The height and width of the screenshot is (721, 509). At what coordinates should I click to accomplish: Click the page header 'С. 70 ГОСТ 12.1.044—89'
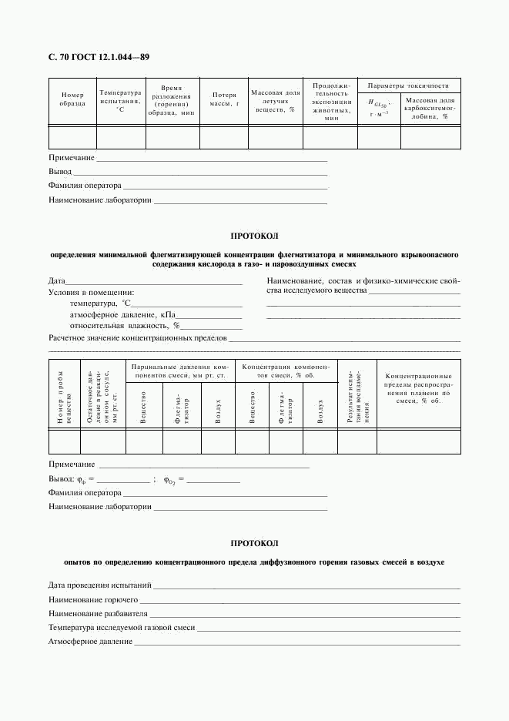[99, 57]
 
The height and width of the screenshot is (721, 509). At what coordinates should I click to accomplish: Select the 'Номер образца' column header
[72, 99]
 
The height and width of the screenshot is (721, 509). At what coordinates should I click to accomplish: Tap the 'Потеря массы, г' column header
[225, 99]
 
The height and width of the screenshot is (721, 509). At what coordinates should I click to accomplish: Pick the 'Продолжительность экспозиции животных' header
[331, 102]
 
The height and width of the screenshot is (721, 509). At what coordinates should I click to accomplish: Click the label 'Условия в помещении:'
[91, 293]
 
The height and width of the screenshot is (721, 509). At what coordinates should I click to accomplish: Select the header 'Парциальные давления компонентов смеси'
[179, 371]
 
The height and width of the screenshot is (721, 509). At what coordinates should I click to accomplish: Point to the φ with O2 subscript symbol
[169, 480]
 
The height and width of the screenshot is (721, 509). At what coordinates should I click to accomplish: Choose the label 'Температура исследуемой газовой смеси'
[122, 628]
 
